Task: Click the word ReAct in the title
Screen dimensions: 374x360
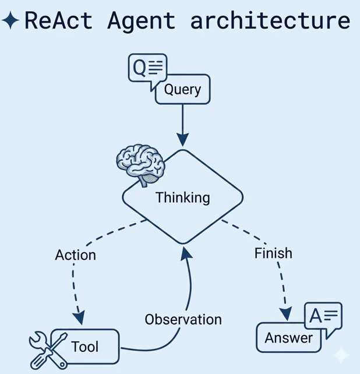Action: pyautogui.click(x=58, y=21)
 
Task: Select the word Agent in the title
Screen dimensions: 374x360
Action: pyautogui.click(x=142, y=21)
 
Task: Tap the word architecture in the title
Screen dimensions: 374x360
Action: pyautogui.click(x=270, y=21)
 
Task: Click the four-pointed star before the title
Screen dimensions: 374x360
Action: pyautogui.click(x=10, y=21)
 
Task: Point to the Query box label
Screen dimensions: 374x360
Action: pyautogui.click(x=182, y=90)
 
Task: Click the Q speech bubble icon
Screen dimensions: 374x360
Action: pyautogui.click(x=147, y=69)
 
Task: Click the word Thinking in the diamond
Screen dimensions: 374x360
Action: pyautogui.click(x=182, y=197)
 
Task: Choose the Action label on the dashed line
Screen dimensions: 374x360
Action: pyautogui.click(x=75, y=255)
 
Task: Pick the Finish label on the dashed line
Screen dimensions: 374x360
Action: pyautogui.click(x=273, y=253)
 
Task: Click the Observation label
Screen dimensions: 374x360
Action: pyautogui.click(x=183, y=319)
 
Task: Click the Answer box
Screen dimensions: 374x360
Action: pyautogui.click(x=289, y=338)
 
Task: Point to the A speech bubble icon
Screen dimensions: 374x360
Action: pyautogui.click(x=323, y=318)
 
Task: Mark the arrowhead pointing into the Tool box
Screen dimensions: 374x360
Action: pyautogui.click(x=79, y=320)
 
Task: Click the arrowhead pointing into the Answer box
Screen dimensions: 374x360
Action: pyautogui.click(x=285, y=314)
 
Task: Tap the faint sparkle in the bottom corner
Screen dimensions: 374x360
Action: pyautogui.click(x=341, y=355)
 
